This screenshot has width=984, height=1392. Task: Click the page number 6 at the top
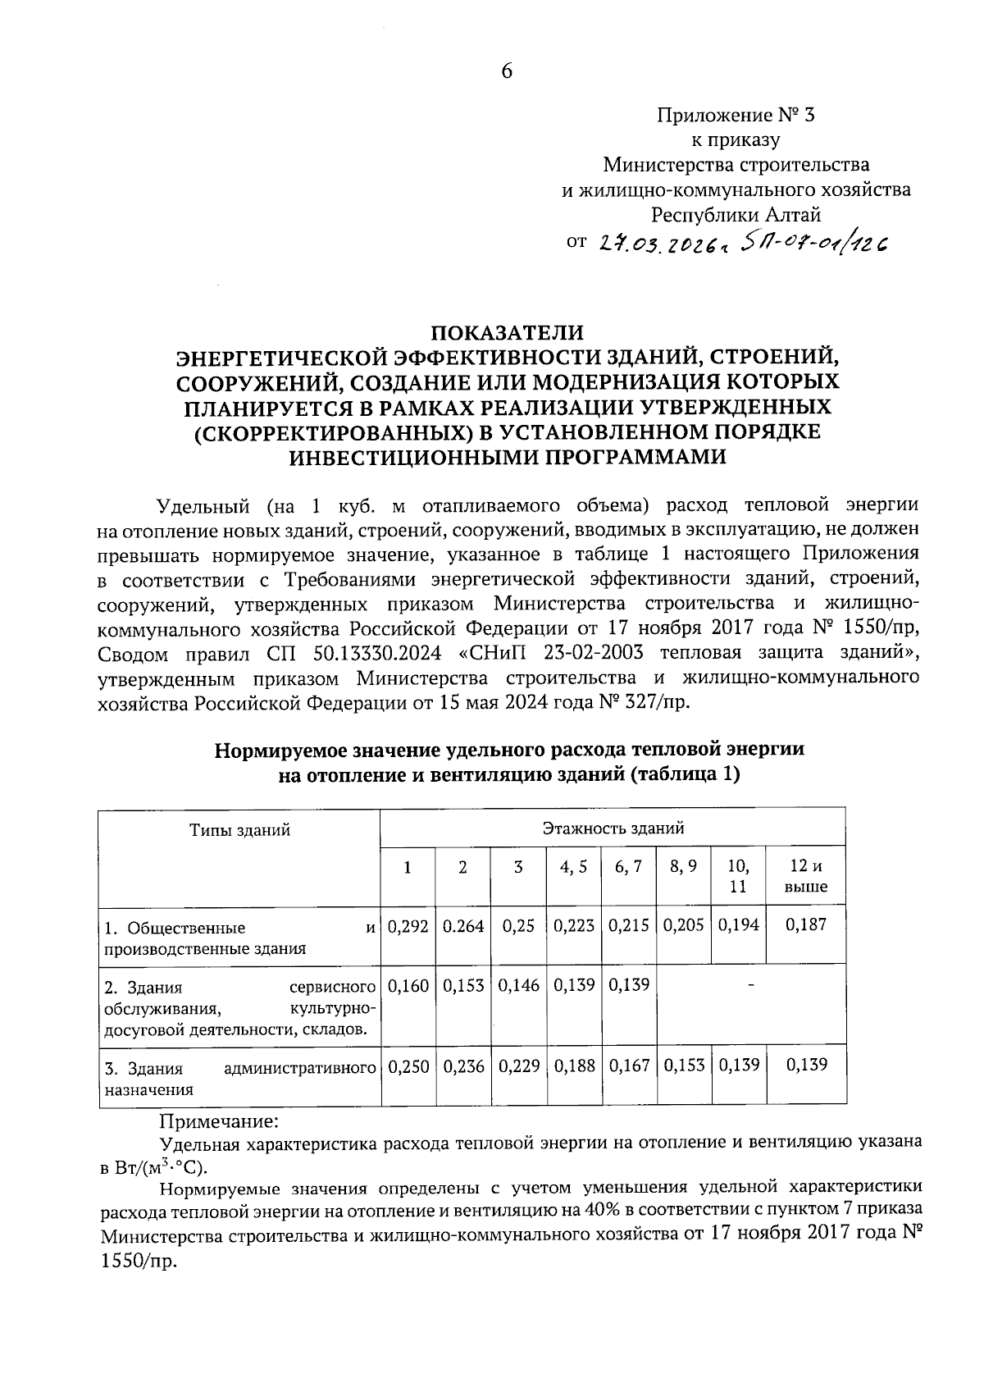pos(507,71)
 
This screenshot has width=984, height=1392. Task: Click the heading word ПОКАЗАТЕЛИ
pos(508,333)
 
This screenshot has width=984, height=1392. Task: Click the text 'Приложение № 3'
pos(736,115)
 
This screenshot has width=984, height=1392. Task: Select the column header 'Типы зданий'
pos(240,830)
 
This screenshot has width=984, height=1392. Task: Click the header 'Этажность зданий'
pos(613,828)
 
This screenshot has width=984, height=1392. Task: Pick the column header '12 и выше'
pos(806,876)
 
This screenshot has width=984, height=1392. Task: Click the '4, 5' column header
pos(573,867)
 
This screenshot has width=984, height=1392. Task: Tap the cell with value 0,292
pos(408,926)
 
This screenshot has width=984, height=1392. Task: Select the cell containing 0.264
pos(463,926)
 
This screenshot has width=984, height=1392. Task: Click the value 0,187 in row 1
pos(806,925)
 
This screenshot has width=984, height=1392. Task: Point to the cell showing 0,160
pos(408,985)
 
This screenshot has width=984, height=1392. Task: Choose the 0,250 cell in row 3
pos(408,1066)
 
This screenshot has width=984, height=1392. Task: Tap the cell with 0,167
pos(629,1066)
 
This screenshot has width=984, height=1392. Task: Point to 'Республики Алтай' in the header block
pos(736,216)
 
